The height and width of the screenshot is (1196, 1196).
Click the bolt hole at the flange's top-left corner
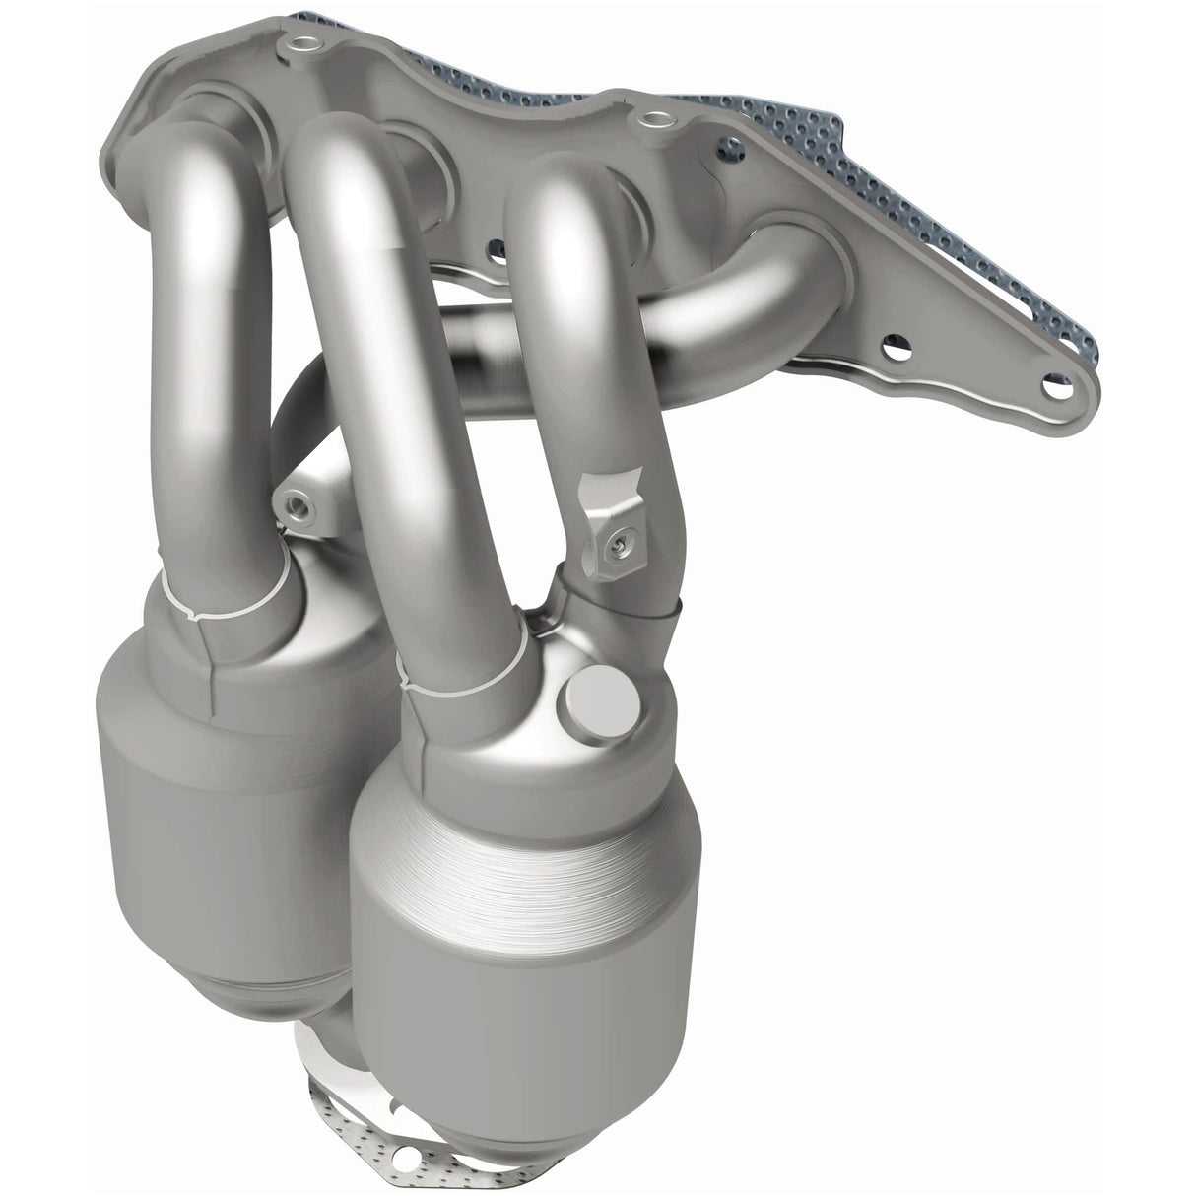(x=296, y=44)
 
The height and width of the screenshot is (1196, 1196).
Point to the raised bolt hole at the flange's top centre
(x=649, y=120)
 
